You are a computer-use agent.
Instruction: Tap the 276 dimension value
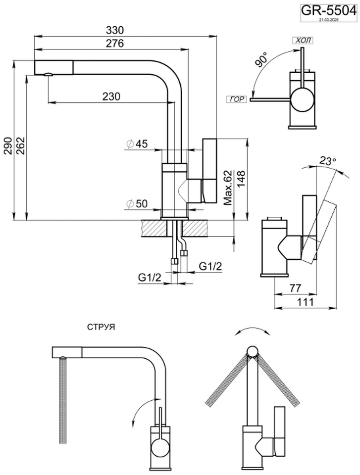pos(114,44)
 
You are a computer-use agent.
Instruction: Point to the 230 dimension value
pos(111,97)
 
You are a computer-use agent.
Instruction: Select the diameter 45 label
pos(137,144)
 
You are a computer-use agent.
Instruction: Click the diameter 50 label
pos(137,203)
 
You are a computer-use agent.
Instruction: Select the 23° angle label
pos(327,161)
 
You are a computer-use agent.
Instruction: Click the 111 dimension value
pos(308,302)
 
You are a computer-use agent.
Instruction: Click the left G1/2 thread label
pos(150,278)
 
